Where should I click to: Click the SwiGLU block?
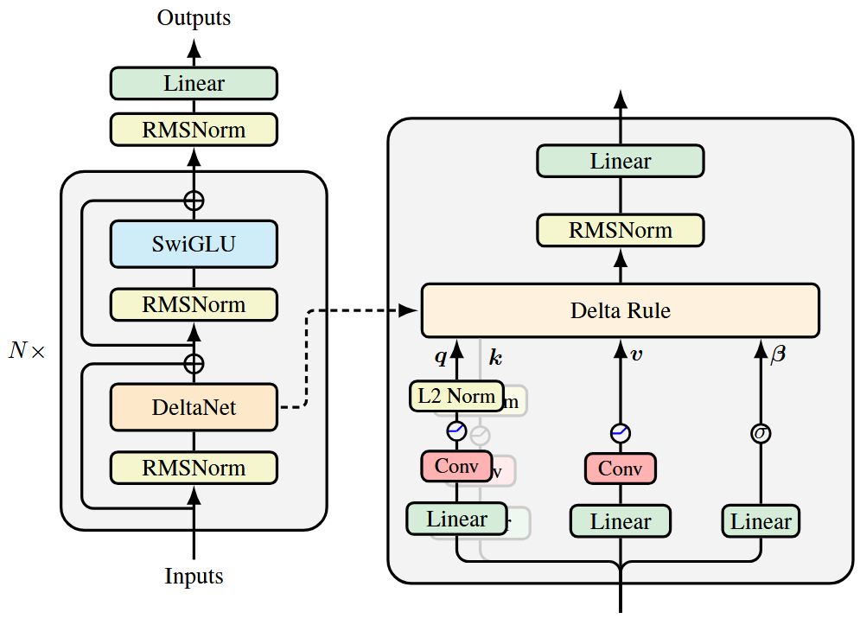(x=194, y=244)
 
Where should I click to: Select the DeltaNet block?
(x=194, y=406)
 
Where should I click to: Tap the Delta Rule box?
(x=620, y=310)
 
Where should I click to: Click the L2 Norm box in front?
(x=456, y=396)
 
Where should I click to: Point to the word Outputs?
(x=194, y=17)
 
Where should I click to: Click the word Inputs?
(x=194, y=577)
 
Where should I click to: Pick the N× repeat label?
(x=27, y=352)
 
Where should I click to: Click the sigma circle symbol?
(x=761, y=432)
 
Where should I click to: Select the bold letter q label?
(x=440, y=355)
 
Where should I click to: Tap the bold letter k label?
(x=495, y=356)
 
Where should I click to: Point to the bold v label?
(x=637, y=355)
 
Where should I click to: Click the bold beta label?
(x=778, y=354)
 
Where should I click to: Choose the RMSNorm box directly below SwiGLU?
(x=194, y=305)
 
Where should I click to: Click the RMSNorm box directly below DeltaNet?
(x=194, y=468)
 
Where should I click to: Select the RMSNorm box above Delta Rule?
(x=620, y=231)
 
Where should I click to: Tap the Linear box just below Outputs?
(x=194, y=84)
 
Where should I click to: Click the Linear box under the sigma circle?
(x=761, y=521)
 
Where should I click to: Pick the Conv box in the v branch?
(x=620, y=469)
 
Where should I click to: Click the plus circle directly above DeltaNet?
(x=194, y=363)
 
